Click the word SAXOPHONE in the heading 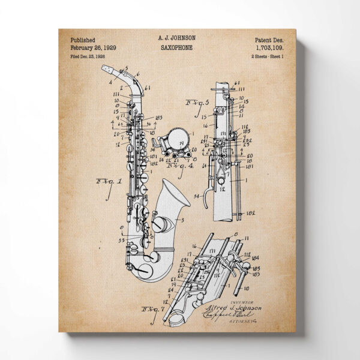[176, 47]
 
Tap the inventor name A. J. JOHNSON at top [176, 38]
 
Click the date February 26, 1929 [93, 47]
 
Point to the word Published [82, 38]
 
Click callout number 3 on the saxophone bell [182, 220]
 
